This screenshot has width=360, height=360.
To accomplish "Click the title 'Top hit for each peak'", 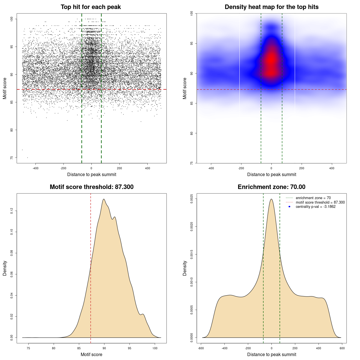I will tap(91, 7).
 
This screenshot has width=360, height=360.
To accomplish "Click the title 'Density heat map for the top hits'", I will tap(271, 7).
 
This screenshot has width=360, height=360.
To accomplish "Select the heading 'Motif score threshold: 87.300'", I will tap(91, 187).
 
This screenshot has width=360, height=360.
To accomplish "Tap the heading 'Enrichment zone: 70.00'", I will tap(271, 187).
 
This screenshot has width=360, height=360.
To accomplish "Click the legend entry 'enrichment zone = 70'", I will tap(313, 198).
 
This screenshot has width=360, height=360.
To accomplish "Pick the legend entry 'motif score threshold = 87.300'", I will tap(320, 202).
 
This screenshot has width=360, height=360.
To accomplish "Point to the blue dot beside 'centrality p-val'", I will tap(289, 207).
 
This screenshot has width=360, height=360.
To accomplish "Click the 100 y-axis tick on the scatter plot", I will tap(12, 19).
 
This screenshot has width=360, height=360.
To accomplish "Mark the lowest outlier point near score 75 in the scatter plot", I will tap(27, 157).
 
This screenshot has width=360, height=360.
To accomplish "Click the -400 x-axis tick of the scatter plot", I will tap(35, 168).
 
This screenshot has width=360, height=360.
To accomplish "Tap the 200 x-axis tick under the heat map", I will tap(301, 168).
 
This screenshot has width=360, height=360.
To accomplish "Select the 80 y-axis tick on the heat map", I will tap(192, 133).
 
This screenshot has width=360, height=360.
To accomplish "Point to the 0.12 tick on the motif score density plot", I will tap(12, 211).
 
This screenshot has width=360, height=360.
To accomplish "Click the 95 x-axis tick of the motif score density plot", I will tap(130, 348).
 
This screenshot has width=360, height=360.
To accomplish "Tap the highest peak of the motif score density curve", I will tap(104, 199).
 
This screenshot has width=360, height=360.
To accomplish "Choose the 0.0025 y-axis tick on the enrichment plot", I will tap(192, 199).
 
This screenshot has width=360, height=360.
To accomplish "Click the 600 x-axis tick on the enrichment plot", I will tap(342, 348).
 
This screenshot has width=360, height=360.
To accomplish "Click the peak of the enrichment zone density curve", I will tap(271, 199).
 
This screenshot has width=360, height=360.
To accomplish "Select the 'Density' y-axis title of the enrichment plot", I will tap(185, 268).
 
